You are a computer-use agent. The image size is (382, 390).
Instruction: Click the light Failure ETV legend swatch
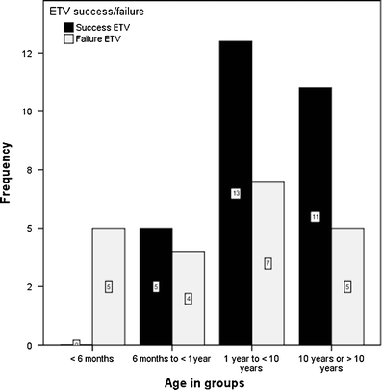[57, 38]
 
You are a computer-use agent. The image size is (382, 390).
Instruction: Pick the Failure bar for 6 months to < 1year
[189, 298]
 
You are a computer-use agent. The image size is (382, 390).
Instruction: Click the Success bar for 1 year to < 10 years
[236, 192]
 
